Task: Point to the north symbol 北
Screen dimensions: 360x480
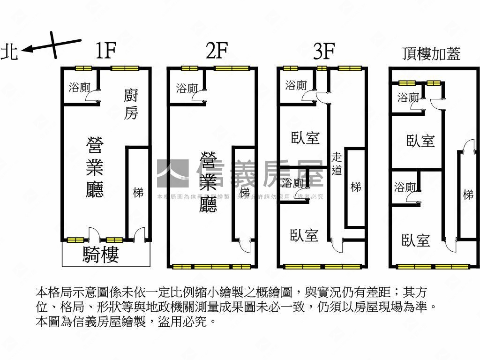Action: [9, 52]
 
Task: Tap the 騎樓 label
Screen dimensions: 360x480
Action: [101, 254]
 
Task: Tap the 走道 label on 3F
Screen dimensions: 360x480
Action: [337, 164]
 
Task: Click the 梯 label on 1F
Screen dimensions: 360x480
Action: [138, 192]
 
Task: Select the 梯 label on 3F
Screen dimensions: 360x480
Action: [356, 187]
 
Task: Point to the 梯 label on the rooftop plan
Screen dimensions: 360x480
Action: [468, 194]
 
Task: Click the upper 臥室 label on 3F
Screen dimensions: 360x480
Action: [305, 138]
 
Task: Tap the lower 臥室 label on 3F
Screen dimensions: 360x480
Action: [304, 235]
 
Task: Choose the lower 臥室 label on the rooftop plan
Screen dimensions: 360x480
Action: [416, 240]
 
